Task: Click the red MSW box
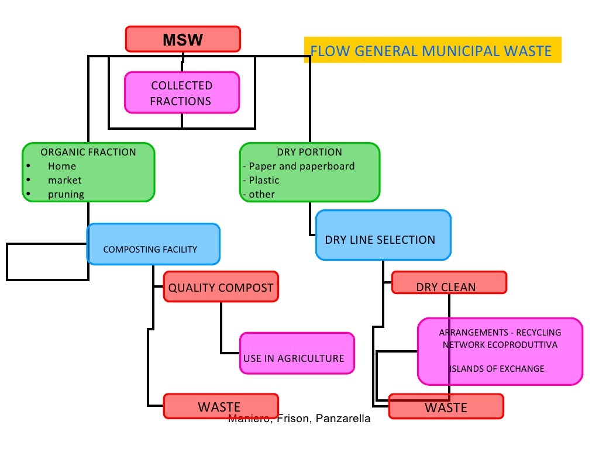[183, 39]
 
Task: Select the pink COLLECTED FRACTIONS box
[181, 93]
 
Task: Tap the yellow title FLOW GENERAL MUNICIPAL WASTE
[431, 51]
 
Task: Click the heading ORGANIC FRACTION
[88, 152]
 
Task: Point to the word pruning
[66, 194]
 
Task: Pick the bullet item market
[64, 180]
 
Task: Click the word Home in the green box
[62, 166]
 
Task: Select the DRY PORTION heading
[309, 152]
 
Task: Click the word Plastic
[264, 180]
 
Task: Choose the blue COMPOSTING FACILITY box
[153, 244]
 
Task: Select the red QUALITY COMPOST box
[221, 287]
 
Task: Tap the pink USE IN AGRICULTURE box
[297, 353]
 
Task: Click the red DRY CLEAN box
[448, 283]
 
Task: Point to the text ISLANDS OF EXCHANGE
[497, 368]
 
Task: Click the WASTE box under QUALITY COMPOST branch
[220, 406]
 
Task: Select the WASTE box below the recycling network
[446, 406]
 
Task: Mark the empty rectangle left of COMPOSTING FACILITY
[46, 262]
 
